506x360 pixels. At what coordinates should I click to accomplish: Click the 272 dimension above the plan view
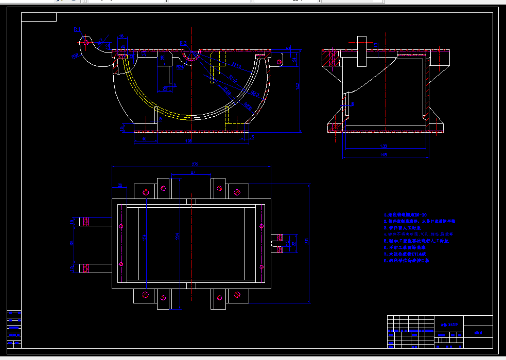click(195, 164)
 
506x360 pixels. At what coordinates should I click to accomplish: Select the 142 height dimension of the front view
click(298, 87)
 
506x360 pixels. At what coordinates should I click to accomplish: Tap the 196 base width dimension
click(189, 141)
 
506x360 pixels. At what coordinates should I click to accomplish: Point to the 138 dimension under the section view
click(383, 146)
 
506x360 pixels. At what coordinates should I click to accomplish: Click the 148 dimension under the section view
click(383, 154)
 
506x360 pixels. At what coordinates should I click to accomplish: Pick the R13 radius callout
click(183, 43)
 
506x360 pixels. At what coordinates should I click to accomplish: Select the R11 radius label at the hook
click(77, 29)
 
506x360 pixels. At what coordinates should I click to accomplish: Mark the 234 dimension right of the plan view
click(307, 242)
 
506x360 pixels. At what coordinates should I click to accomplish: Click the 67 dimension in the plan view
click(193, 173)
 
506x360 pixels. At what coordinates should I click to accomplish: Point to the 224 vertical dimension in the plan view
click(177, 237)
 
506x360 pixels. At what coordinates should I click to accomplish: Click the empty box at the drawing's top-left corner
click(39, 17)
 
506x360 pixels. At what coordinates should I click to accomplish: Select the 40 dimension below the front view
click(144, 138)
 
